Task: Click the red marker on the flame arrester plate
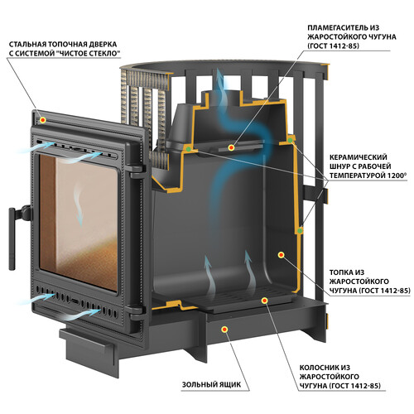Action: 231,148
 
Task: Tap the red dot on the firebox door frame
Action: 42,120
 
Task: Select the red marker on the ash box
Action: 224,329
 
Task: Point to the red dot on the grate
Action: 264,301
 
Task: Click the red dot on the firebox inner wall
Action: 281,255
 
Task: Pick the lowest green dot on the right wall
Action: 300,230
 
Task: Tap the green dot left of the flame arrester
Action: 188,149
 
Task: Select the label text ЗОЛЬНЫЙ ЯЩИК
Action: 211,384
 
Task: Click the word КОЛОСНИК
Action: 317,368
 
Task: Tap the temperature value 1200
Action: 397,176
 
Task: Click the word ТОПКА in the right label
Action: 340,272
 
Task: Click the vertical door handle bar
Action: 12,239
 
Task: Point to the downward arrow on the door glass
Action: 79,206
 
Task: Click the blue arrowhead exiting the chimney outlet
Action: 220,74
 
